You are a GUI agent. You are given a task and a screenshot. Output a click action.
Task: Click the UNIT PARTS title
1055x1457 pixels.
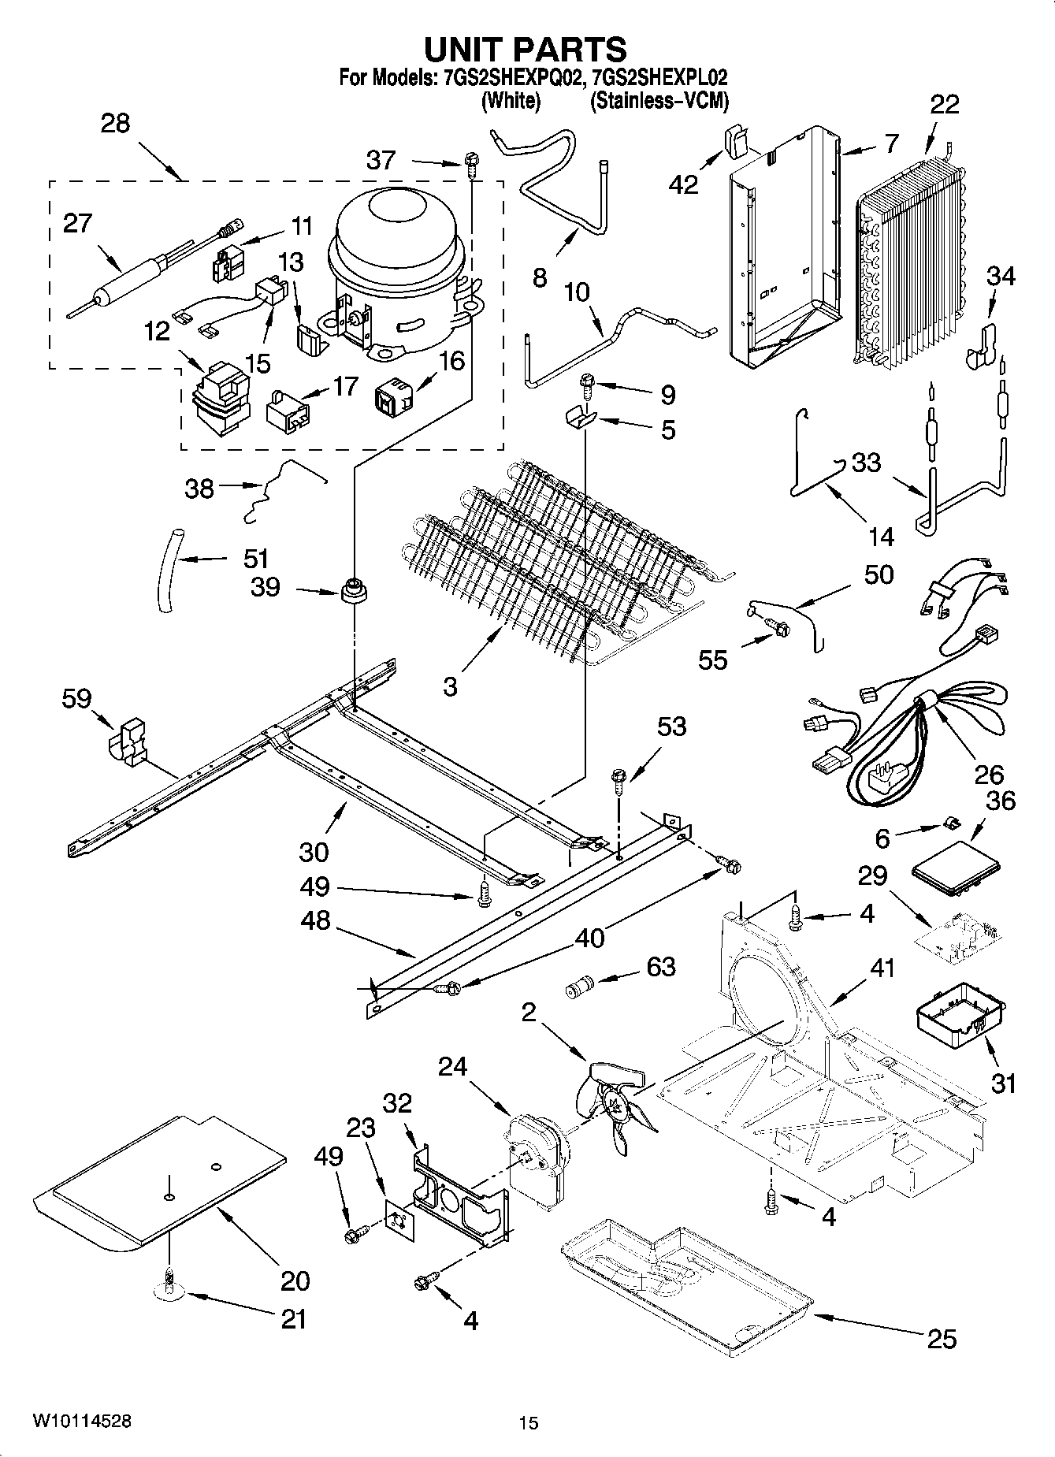click(x=526, y=49)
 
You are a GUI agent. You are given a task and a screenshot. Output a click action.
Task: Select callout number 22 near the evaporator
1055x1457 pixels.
click(x=945, y=105)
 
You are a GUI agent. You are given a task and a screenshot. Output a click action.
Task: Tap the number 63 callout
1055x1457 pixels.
click(x=660, y=966)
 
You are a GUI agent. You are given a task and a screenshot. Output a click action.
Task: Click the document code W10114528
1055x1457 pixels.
click(x=82, y=1421)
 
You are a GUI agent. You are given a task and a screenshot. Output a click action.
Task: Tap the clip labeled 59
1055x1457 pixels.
click(x=127, y=741)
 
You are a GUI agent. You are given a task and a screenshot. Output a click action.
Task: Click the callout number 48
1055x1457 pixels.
click(x=315, y=921)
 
